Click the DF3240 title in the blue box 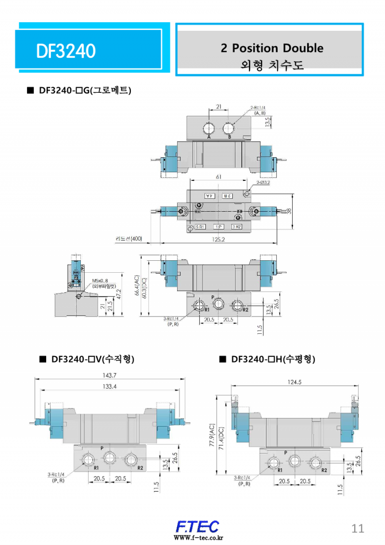tap(66, 51)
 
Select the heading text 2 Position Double tap(272, 48)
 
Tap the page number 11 tap(358, 528)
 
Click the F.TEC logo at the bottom tap(198, 526)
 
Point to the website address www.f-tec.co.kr tap(198, 538)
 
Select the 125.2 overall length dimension tap(218, 239)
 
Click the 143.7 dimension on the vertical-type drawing tap(110, 375)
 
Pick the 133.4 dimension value tap(110, 387)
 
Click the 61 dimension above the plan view tap(219, 177)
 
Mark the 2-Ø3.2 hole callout tap(263, 183)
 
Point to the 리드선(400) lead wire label tap(128, 239)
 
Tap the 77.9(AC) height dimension tap(212, 434)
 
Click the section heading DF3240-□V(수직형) tap(87, 359)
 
